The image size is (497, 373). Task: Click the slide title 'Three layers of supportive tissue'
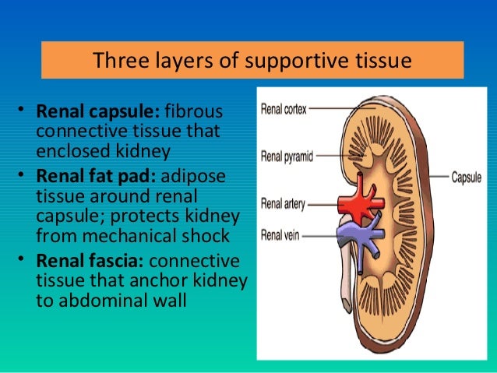point(252,60)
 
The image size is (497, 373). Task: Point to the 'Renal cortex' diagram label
point(283,110)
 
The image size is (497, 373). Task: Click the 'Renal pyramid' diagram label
point(287,156)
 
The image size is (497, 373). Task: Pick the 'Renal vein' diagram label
point(280,233)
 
